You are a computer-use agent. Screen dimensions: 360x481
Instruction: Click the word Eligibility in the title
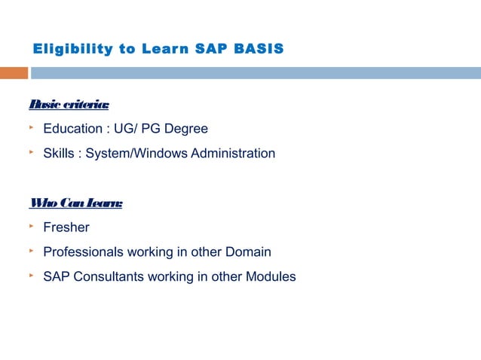tap(74, 50)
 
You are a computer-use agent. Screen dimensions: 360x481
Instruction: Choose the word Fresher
tap(66, 227)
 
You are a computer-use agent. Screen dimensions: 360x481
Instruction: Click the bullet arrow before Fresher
tap(32, 226)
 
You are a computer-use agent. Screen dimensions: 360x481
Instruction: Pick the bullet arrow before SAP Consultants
tap(32, 275)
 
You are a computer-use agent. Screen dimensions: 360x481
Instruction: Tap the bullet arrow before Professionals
tap(32, 251)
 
